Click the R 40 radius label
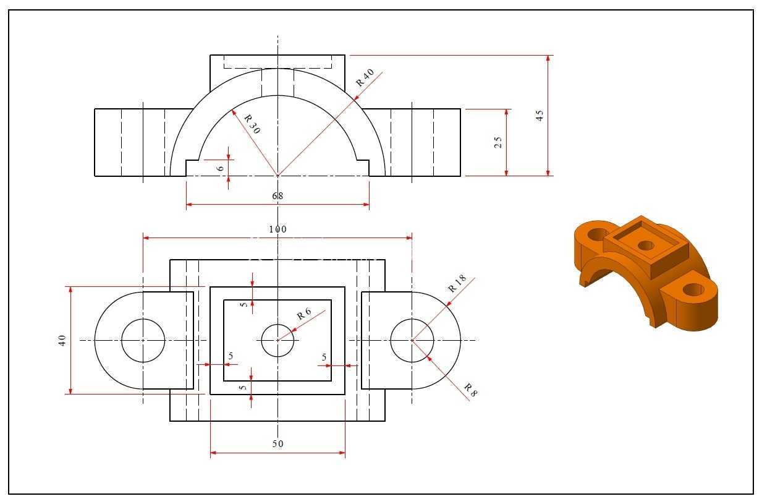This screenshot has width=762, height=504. (365, 77)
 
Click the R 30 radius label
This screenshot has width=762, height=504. (252, 124)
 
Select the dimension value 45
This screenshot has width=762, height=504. (540, 116)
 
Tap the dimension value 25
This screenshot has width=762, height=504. (498, 142)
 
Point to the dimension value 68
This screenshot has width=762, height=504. (277, 196)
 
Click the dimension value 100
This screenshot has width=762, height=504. (277, 229)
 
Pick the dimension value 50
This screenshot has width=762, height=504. (277, 444)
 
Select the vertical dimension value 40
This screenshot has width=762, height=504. (62, 340)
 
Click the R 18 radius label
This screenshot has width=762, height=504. (457, 283)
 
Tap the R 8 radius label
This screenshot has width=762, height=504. (471, 390)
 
